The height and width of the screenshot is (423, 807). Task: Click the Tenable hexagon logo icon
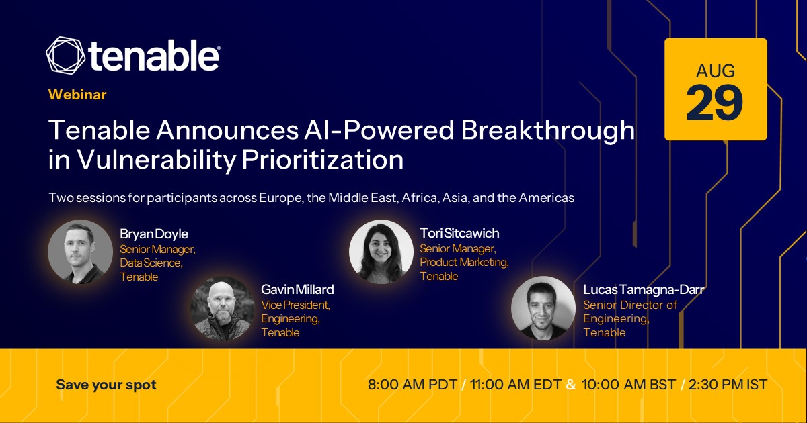[66, 55]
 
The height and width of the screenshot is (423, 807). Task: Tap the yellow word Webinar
[77, 95]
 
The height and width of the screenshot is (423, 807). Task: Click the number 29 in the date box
[715, 103]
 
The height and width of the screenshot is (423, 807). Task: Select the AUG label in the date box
[716, 71]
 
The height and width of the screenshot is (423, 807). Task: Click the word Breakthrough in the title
[547, 131]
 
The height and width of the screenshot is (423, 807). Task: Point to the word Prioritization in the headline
[323, 160]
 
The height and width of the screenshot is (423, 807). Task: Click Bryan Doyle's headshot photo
[80, 252]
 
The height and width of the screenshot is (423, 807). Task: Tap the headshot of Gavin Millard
[223, 308]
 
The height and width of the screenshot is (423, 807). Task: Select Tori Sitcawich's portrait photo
[381, 252]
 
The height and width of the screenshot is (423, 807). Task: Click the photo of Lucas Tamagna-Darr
[543, 308]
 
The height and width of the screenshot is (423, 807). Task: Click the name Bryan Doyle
[154, 234]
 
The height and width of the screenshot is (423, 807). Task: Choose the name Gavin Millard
[297, 289]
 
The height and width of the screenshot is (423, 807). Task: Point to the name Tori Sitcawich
[460, 234]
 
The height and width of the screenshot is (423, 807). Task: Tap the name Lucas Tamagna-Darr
[644, 289]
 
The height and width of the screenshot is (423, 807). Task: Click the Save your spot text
[106, 385]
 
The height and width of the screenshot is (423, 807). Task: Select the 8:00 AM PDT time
[412, 385]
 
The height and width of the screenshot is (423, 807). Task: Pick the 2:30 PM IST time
[728, 385]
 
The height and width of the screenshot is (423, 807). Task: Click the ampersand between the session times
[571, 385]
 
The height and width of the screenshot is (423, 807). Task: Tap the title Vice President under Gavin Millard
[296, 305]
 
